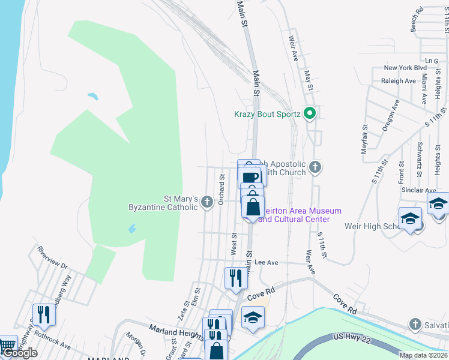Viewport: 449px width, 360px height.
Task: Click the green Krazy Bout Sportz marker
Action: pos(310,113)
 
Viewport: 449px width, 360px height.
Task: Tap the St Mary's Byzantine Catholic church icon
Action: pos(207,202)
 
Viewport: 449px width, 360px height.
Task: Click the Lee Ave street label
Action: pos(267,263)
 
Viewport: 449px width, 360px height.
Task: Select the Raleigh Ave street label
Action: pos(398,81)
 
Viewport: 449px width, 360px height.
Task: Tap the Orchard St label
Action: pos(221,189)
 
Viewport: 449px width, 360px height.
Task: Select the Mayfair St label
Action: pos(364,139)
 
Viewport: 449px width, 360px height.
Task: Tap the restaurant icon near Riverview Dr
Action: pos(43,314)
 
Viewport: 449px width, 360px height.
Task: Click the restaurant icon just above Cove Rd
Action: pos(235,278)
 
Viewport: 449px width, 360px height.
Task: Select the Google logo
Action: pos(20,353)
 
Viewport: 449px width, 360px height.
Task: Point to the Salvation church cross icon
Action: pos(415,325)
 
